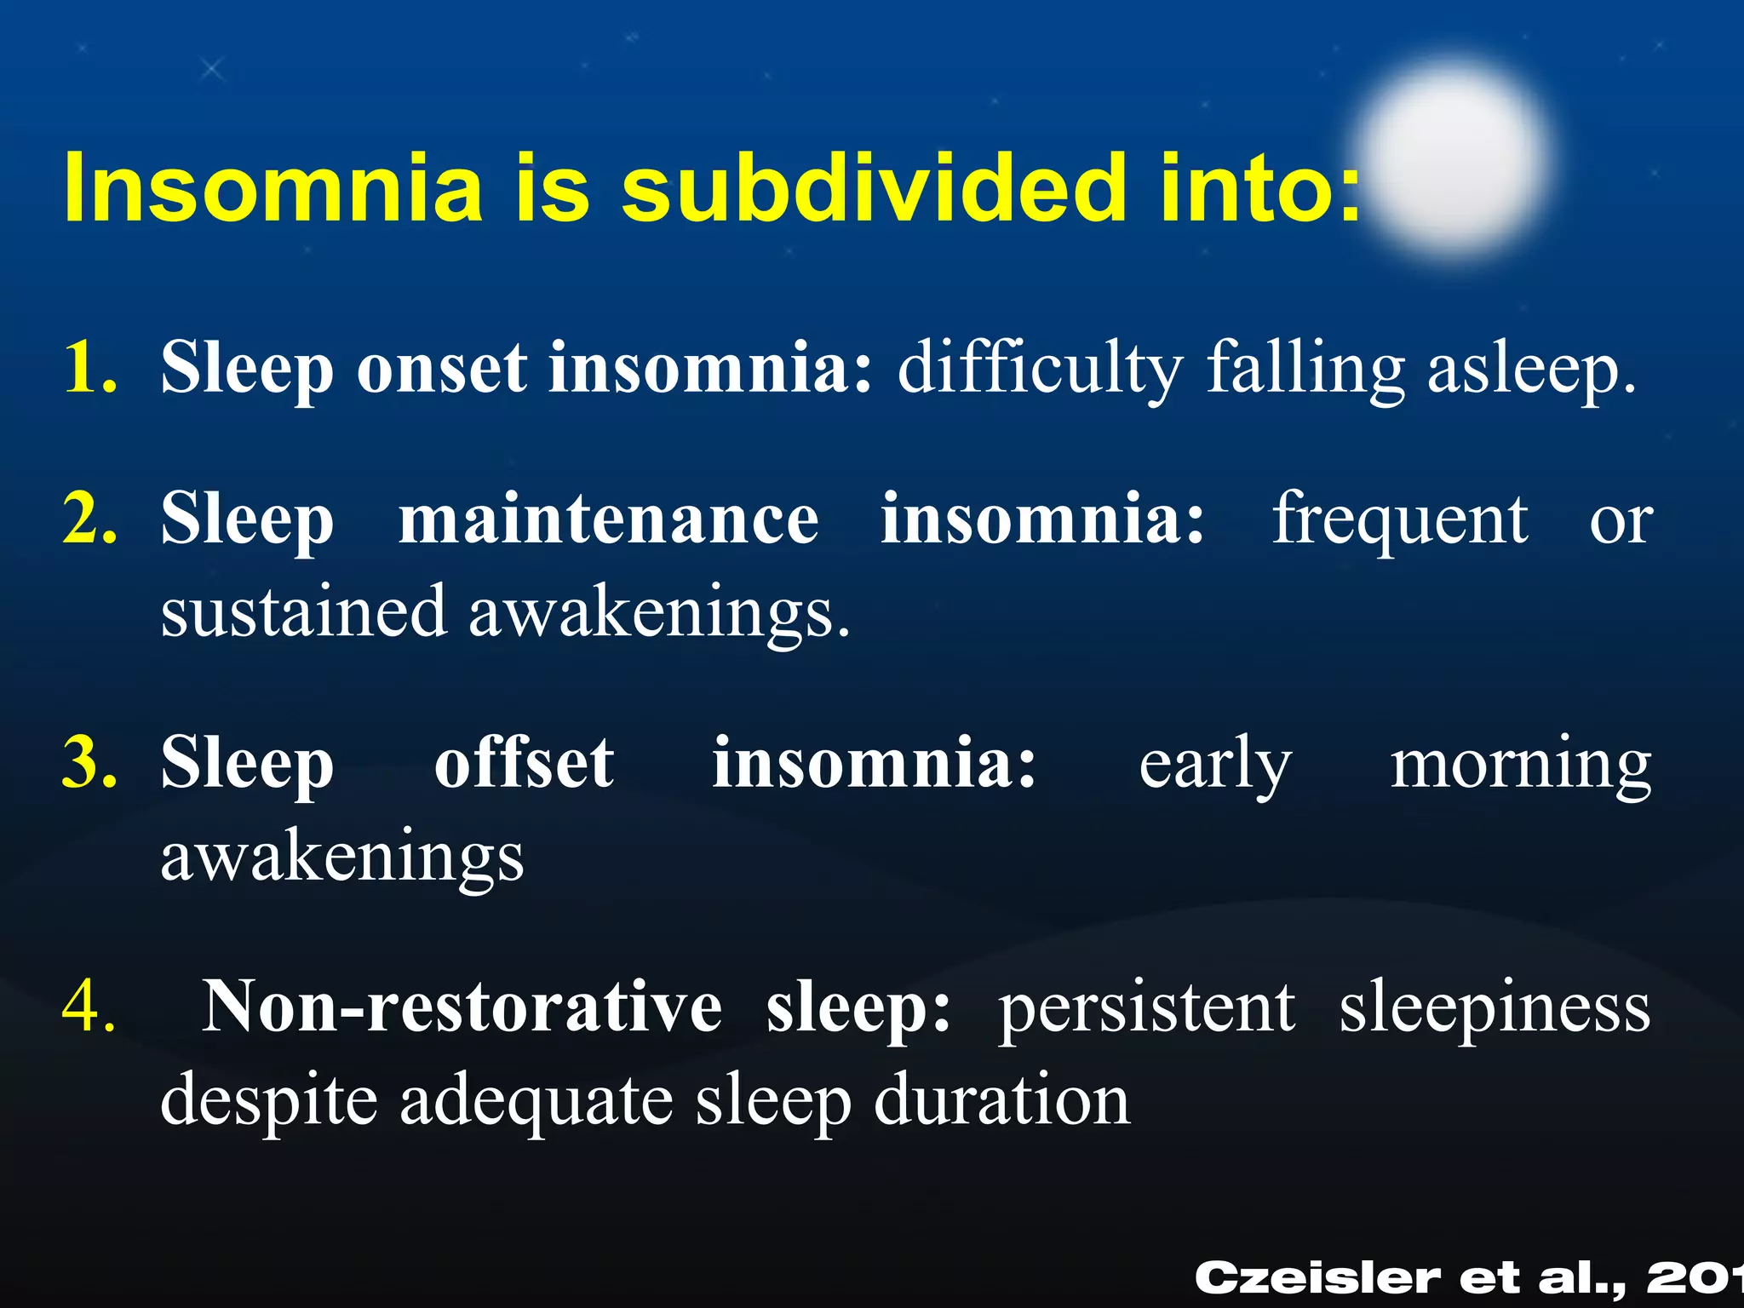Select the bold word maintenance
(608, 519)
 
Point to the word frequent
(1400, 520)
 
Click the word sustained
(303, 611)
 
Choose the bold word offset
(524, 762)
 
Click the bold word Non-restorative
(461, 1007)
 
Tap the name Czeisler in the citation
(1317, 1278)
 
